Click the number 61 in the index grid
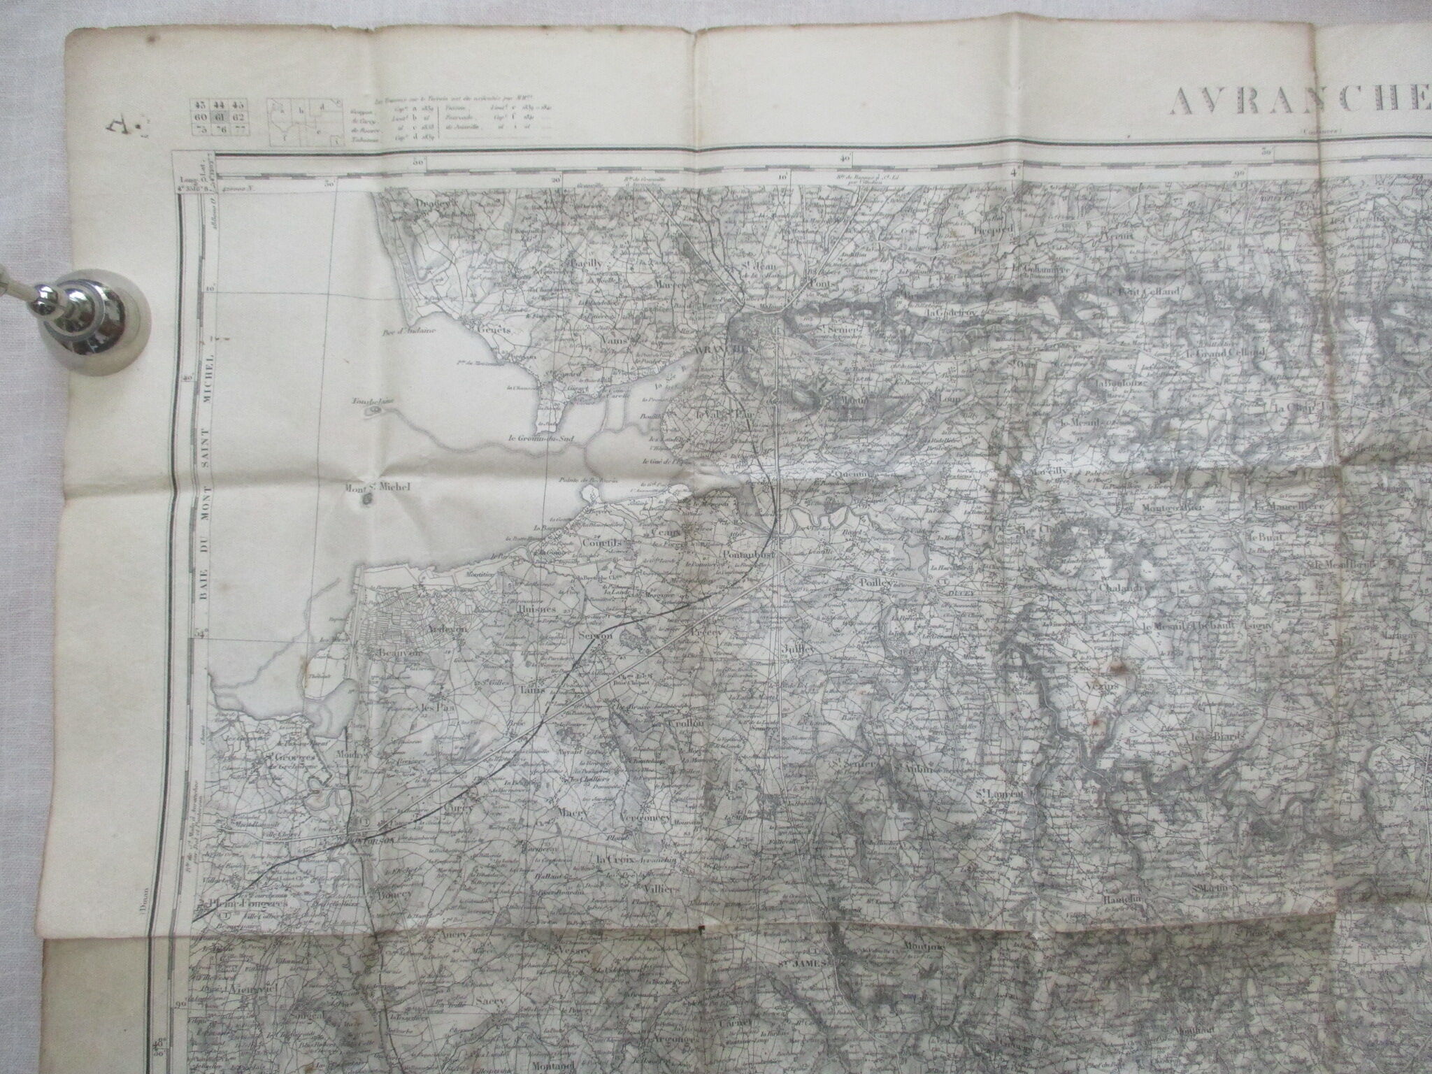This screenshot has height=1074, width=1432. (x=217, y=116)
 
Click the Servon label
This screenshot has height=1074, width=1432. (x=596, y=636)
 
